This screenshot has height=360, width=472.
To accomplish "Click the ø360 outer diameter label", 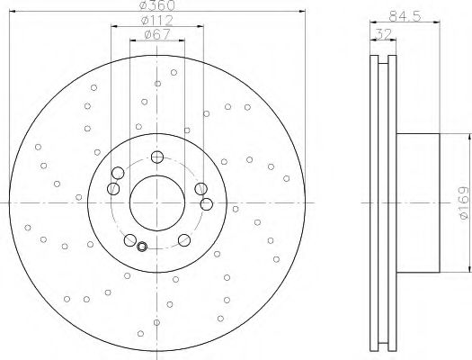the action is coord(157,4).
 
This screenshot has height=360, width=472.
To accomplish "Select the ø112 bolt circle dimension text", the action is coord(157,21).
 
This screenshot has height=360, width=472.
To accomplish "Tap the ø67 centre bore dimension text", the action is coord(157,34).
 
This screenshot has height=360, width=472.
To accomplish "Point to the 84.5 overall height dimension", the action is coord(405,16).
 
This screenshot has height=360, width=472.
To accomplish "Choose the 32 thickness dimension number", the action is coord(383,33).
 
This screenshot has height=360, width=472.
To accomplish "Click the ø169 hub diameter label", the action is coord(464,202).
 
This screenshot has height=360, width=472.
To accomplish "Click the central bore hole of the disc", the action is coord(157,203).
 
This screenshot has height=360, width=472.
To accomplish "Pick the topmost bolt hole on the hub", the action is coord(157,157).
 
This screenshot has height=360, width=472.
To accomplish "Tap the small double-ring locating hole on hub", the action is coord(142,247).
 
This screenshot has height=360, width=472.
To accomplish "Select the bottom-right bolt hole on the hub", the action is coord(184,240).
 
